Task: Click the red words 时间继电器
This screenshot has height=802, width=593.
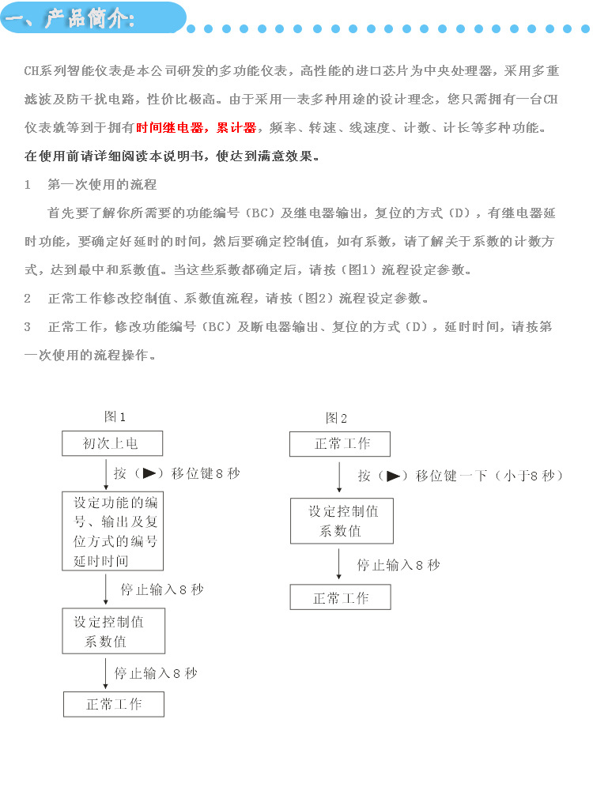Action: [169, 128]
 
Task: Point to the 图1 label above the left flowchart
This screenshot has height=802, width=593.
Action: [115, 416]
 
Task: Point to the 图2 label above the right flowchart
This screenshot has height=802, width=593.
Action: [336, 418]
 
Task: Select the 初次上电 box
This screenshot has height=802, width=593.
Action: [112, 443]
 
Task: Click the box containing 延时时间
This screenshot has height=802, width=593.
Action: [113, 531]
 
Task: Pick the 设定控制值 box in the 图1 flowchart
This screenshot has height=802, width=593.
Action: [114, 631]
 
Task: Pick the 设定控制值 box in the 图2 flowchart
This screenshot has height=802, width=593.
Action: [342, 521]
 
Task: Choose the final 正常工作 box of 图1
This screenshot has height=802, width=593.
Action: [114, 704]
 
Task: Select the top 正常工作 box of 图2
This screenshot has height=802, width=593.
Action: [341, 444]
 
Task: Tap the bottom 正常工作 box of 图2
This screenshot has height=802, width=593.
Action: [341, 598]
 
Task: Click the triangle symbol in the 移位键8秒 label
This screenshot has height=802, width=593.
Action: [149, 473]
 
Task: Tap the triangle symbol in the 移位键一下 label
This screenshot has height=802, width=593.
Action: [394, 476]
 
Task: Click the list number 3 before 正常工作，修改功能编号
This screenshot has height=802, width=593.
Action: [28, 326]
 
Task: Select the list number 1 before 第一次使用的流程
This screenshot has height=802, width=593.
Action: [28, 185]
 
